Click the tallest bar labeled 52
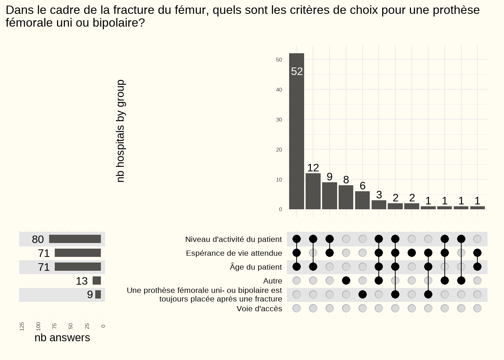point(297,131)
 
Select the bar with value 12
point(313,191)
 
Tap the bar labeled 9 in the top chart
point(330,196)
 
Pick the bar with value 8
point(346,197)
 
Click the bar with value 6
point(362,200)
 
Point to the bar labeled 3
point(379,205)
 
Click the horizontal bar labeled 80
point(75,239)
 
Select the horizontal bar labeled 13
point(97,280)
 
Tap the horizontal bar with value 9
point(98,294)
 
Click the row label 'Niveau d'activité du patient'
point(233,239)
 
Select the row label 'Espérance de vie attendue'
point(234,253)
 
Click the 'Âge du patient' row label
point(256,267)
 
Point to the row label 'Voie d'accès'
point(259,309)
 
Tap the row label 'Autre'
point(273,281)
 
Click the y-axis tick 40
point(279,90)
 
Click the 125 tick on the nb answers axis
point(22,326)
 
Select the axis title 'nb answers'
point(62,337)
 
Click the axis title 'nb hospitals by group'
point(120,131)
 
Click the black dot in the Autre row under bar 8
point(346,280)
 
